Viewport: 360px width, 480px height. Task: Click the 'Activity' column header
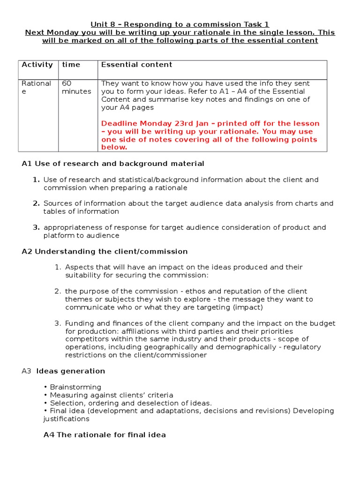coord(37,65)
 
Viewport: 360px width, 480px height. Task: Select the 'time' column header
coord(71,65)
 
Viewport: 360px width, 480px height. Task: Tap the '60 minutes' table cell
coord(76,87)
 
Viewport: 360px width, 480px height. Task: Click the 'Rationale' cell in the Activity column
coord(36,87)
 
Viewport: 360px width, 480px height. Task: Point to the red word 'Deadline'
coord(118,124)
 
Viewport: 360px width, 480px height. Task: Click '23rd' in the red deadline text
coord(188,124)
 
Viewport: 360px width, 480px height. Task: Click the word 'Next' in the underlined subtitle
coord(36,32)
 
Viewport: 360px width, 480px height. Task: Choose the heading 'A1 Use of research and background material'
coord(113,164)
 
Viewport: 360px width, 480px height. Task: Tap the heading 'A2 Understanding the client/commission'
coord(105,251)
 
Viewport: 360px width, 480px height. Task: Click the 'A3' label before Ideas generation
coord(26,371)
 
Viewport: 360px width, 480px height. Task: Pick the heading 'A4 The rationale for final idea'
coord(105,435)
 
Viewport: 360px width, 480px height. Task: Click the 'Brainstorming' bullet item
coord(75,387)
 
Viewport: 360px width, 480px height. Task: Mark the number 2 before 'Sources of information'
coord(36,203)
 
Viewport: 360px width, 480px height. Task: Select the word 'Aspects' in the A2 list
coord(79,267)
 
